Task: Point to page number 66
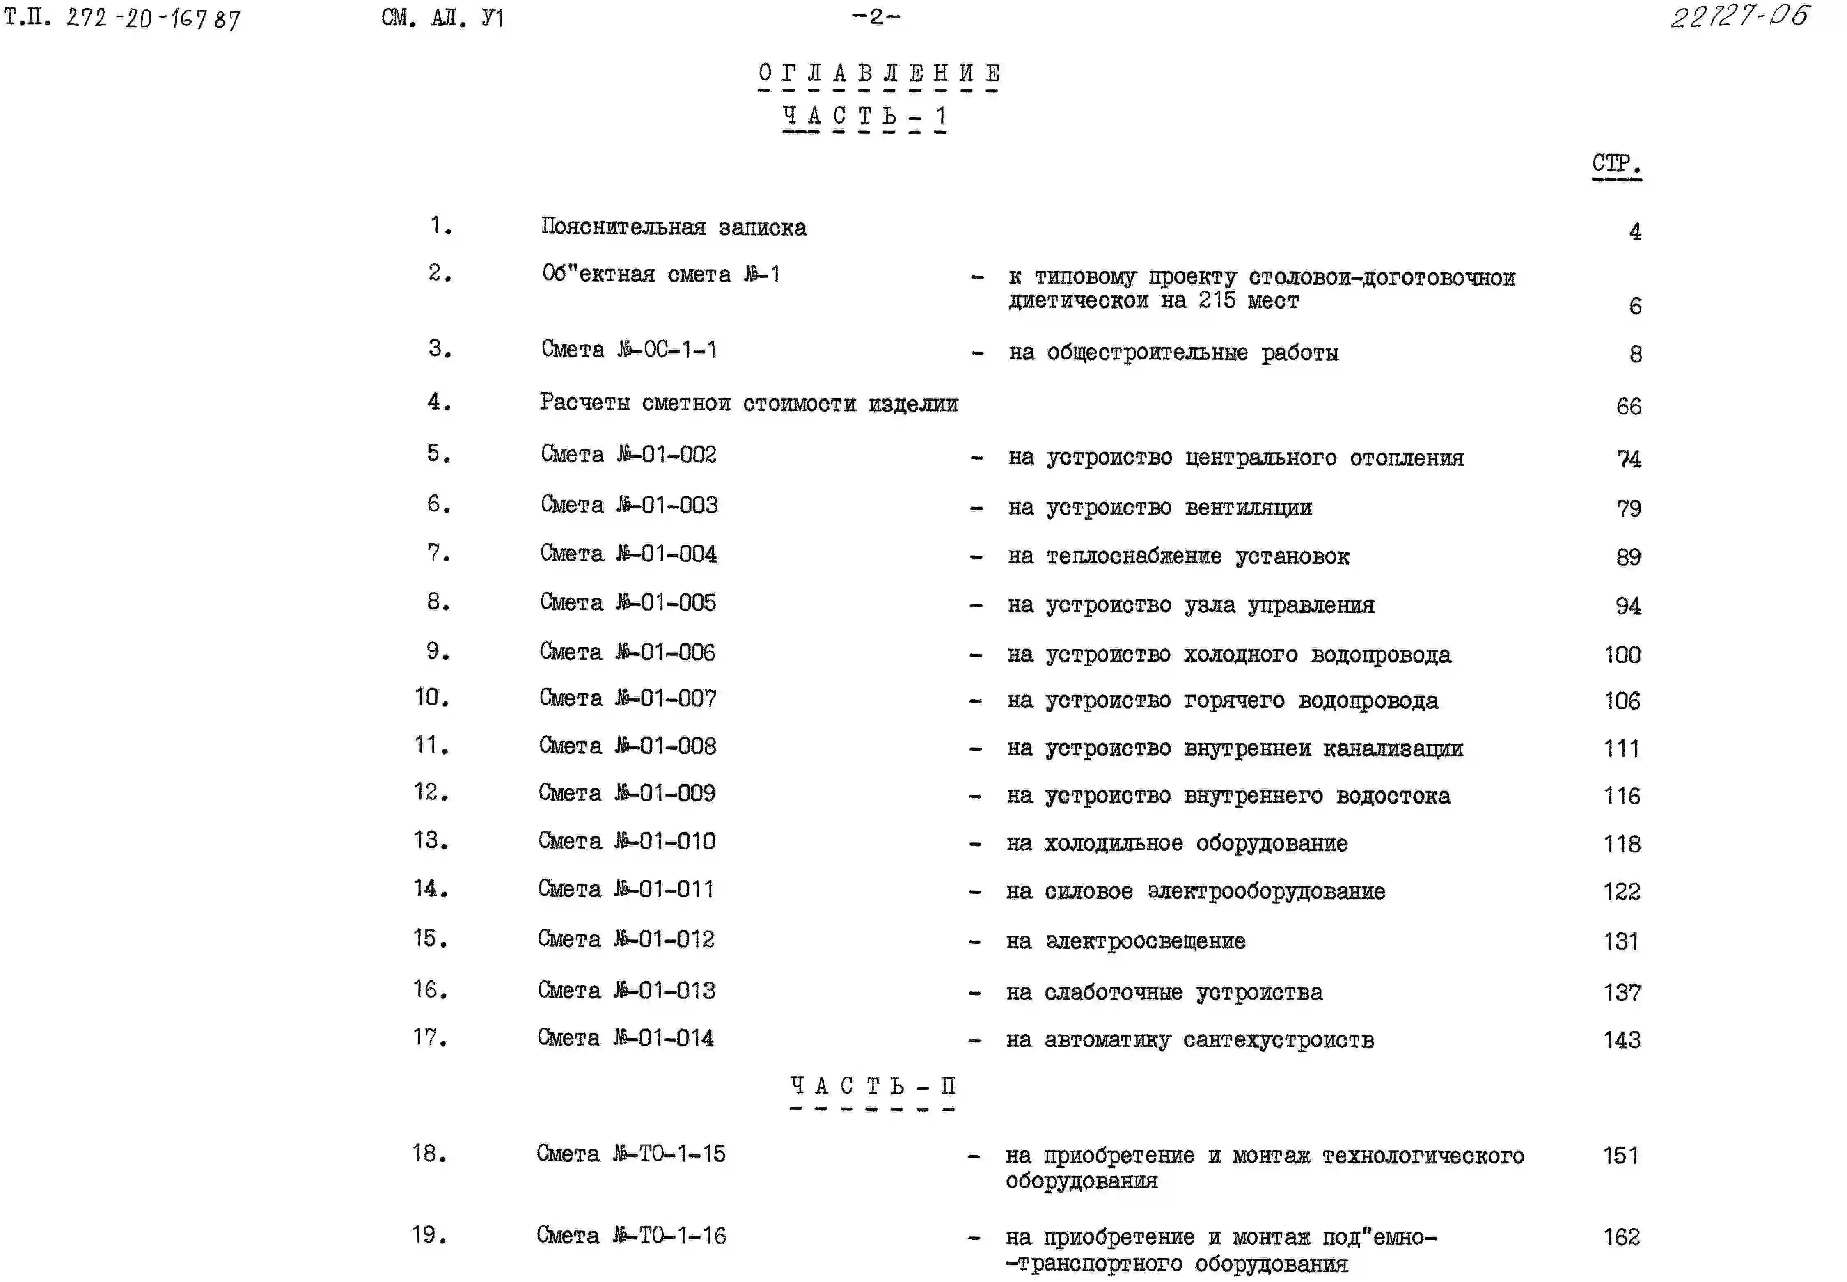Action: coord(1629,406)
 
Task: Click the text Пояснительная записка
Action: coord(673,227)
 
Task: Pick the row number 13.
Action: coord(430,840)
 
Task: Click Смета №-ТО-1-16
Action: coord(631,1235)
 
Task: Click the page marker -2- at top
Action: coord(876,16)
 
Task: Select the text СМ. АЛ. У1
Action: coord(443,18)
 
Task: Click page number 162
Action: coord(1621,1237)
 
